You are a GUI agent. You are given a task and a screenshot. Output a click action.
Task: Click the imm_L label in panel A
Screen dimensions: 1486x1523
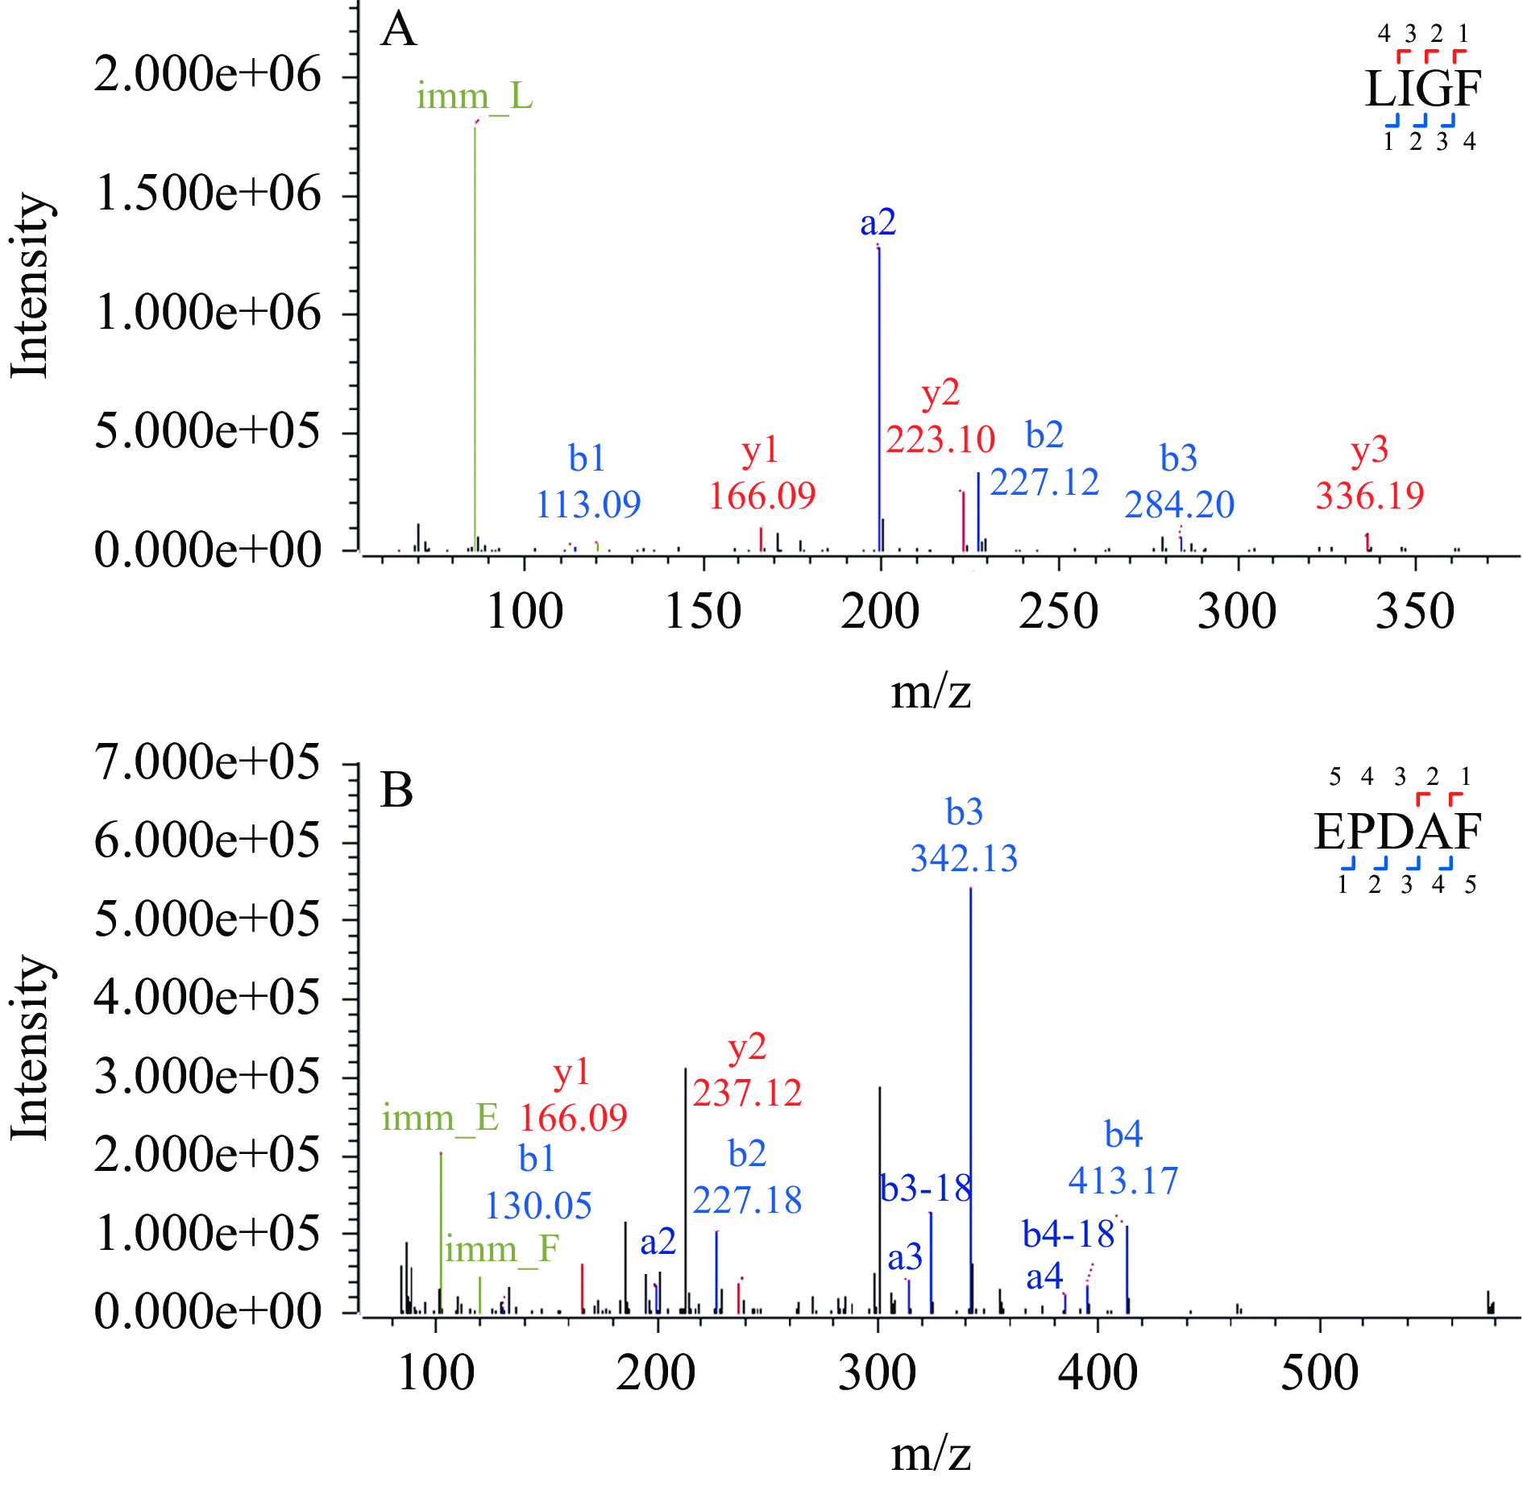pos(475,97)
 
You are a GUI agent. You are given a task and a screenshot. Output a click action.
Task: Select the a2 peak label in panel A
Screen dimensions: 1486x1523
pos(878,222)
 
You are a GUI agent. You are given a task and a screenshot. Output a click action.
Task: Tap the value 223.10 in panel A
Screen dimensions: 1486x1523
pos(940,440)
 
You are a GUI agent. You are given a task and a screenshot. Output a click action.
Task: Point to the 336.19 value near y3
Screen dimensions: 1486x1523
pos(1370,495)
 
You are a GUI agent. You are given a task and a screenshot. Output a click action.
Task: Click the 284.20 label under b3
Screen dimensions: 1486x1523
pos(1180,505)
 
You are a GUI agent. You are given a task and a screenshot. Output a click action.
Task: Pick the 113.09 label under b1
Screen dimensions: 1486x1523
pos(588,505)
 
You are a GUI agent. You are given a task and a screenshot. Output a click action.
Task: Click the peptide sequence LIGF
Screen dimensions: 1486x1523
pos(1423,89)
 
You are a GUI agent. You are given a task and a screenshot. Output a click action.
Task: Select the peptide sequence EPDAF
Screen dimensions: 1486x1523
pos(1397,832)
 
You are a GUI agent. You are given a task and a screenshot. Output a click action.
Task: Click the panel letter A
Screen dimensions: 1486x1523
pos(399,31)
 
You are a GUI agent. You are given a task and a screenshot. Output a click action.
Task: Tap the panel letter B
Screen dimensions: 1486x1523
pos(396,791)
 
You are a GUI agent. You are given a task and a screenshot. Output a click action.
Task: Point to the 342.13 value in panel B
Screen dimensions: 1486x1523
pos(964,858)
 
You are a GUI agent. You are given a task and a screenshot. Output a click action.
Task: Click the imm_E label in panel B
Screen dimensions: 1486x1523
pos(440,1118)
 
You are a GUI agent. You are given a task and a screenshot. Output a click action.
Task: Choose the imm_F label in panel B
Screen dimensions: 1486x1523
pos(502,1249)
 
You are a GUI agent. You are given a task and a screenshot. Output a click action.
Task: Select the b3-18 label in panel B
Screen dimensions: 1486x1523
pos(926,1189)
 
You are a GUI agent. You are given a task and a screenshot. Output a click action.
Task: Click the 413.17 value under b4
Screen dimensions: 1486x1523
pos(1123,1181)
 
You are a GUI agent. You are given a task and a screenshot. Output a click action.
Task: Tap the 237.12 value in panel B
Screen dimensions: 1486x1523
pos(747,1094)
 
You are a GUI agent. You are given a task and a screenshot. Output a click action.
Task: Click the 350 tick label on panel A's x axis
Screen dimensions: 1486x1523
pos(1414,612)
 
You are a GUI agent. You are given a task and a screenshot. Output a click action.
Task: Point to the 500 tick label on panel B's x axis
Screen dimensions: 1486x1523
pos(1319,1373)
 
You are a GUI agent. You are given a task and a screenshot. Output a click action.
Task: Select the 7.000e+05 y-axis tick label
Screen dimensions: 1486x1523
pos(207,762)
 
